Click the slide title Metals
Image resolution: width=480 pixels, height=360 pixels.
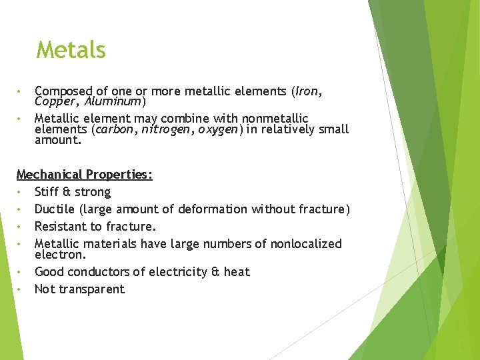71,50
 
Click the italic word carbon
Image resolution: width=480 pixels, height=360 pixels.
115,129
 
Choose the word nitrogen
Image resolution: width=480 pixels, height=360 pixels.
165,129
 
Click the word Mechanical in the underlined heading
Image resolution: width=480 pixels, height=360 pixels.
49,175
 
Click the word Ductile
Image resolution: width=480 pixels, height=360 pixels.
55,209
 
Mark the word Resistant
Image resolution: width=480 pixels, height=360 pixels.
62,227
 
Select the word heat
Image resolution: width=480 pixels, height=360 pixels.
237,272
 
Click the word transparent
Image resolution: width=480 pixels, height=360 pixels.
91,289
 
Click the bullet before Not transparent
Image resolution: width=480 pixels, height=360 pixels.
20,289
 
